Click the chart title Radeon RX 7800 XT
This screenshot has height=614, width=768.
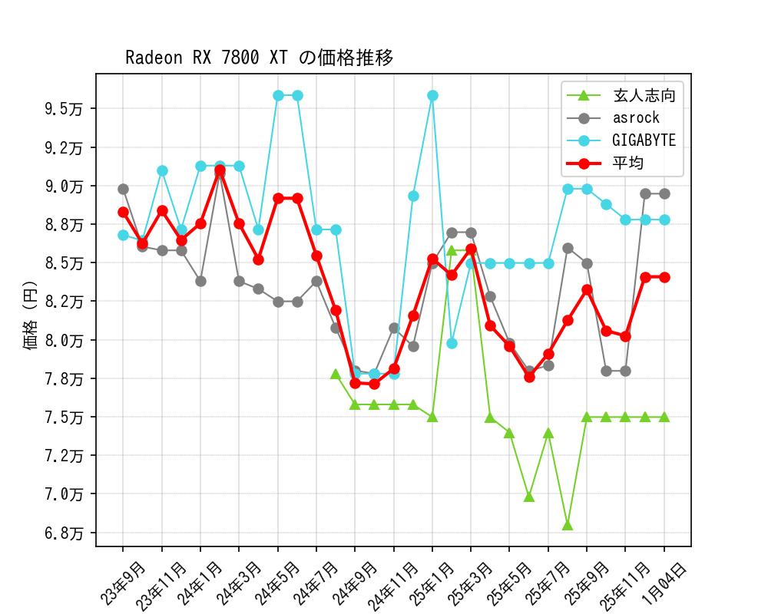(259, 58)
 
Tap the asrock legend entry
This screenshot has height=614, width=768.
(636, 118)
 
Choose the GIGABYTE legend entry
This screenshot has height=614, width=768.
(644, 140)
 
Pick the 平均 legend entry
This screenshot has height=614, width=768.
(628, 163)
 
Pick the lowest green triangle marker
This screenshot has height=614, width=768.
(568, 525)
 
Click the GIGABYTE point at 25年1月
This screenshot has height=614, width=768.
(432, 95)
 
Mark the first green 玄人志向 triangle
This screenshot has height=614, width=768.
(336, 374)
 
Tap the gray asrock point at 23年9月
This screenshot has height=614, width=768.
(123, 189)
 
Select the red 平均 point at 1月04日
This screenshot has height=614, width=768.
(664, 277)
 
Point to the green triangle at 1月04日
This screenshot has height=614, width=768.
(664, 417)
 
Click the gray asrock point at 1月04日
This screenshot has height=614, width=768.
(664, 193)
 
